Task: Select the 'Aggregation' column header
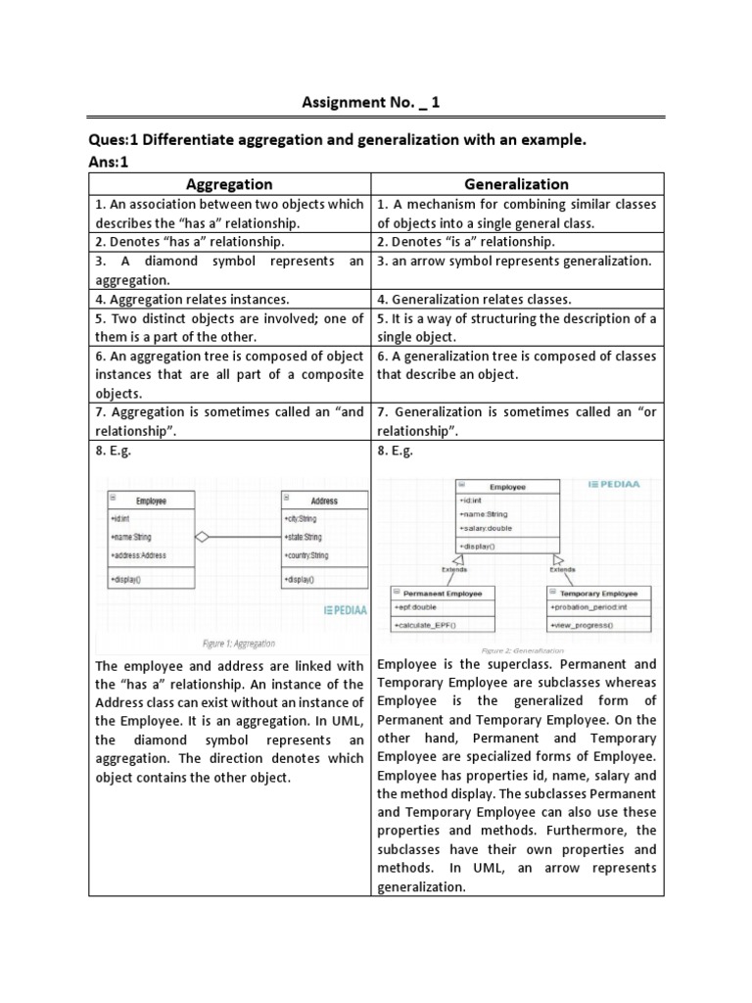[x=229, y=184]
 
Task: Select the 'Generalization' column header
[x=516, y=184]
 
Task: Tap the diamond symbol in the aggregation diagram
[x=203, y=537]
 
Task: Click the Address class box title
[x=323, y=501]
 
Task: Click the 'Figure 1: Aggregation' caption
[x=238, y=644]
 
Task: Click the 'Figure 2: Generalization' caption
[x=525, y=650]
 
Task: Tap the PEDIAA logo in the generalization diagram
[x=622, y=484]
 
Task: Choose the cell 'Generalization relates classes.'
[x=474, y=300]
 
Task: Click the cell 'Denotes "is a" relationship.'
[x=466, y=242]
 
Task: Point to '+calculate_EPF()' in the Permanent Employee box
[x=427, y=625]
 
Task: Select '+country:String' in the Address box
[x=306, y=555]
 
